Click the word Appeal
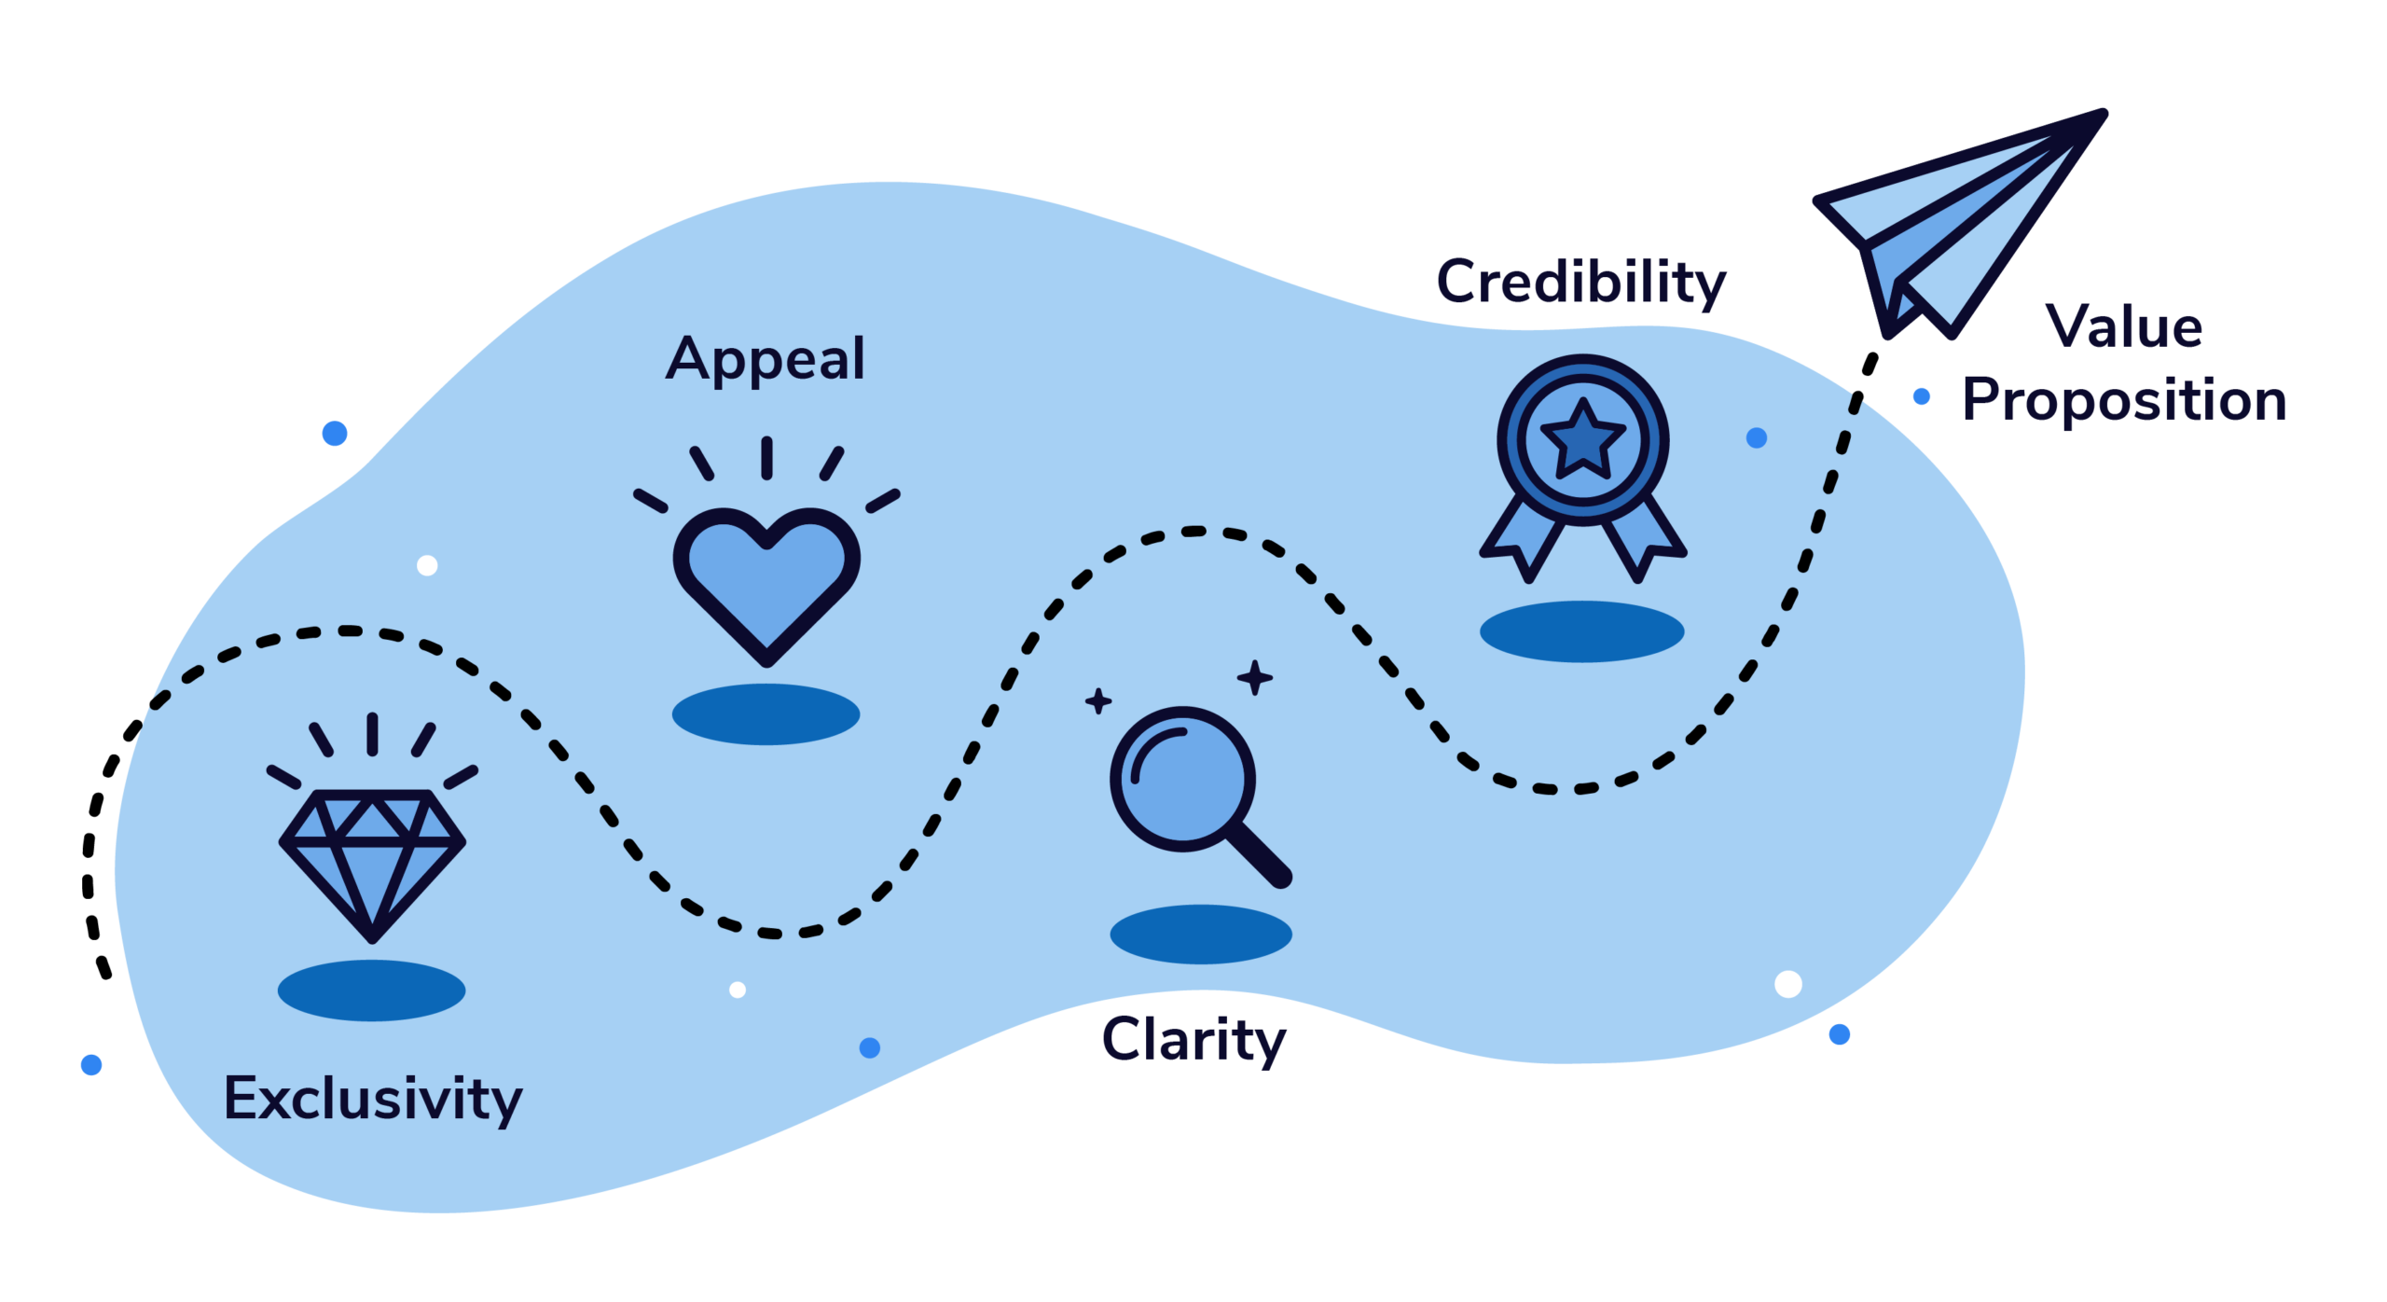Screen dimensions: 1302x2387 (x=766, y=359)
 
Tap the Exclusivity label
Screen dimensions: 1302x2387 (x=373, y=1099)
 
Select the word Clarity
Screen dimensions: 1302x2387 (x=1193, y=1040)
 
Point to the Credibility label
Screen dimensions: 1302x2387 (x=1581, y=282)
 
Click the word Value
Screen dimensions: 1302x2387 (x=2125, y=328)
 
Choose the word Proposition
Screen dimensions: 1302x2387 (x=2125, y=401)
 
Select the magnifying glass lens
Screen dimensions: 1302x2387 (x=1182, y=779)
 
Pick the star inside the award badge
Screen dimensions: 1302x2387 (x=1582, y=440)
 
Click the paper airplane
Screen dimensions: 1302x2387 (x=1958, y=224)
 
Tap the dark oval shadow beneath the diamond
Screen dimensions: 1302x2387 (x=371, y=990)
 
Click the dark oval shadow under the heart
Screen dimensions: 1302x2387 (x=766, y=713)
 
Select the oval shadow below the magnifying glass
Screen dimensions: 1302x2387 (x=1201, y=934)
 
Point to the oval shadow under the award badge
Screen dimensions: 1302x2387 (x=1581, y=631)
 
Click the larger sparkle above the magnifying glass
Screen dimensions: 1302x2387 (x=1255, y=678)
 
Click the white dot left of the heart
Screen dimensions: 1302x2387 (x=427, y=565)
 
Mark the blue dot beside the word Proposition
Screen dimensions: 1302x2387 (x=1922, y=397)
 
